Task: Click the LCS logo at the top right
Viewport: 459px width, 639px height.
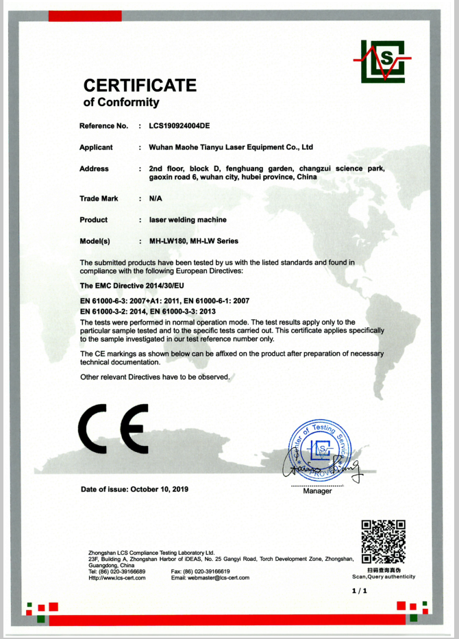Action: click(382, 62)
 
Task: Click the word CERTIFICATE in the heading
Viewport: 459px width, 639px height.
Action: click(140, 86)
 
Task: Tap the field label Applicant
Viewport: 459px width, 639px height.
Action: click(96, 147)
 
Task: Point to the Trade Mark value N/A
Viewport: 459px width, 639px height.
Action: click(156, 199)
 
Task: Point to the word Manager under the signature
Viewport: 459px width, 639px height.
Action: click(317, 491)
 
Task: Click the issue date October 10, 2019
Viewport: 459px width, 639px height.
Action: click(162, 489)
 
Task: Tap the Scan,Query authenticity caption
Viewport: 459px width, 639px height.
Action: click(383, 577)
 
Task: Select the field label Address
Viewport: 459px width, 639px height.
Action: click(94, 168)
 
